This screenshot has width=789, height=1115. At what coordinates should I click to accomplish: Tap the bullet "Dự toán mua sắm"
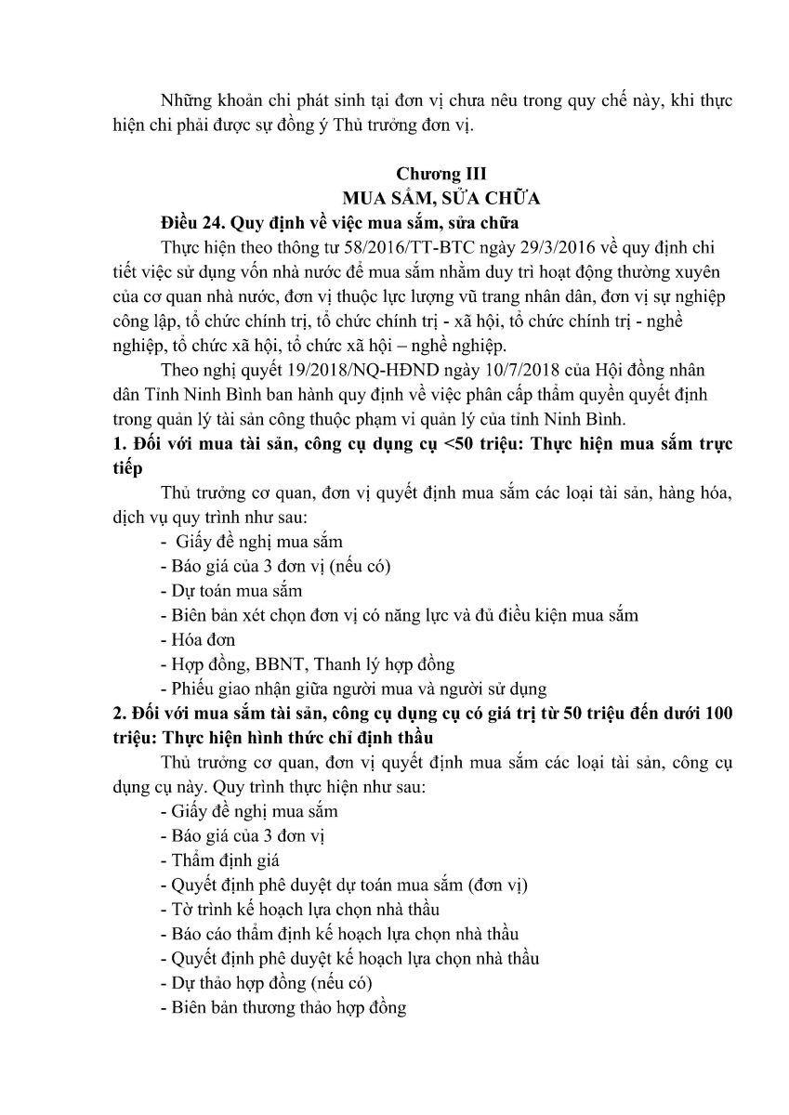230,591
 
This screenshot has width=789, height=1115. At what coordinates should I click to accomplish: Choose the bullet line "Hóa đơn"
198,639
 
